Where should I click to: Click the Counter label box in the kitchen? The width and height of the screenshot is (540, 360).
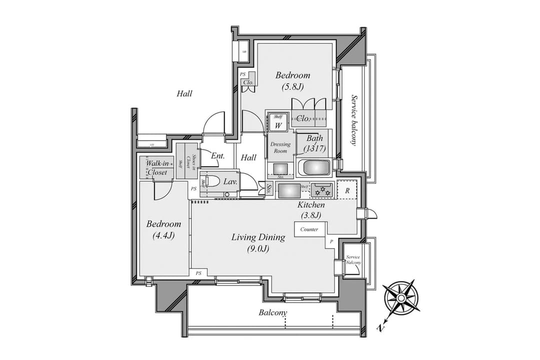(310, 229)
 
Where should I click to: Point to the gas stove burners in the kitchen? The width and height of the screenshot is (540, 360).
(321, 190)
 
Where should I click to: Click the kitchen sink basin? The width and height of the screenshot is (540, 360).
(288, 190)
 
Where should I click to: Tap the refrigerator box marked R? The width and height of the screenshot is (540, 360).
(347, 190)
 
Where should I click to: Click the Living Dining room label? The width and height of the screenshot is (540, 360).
(258, 242)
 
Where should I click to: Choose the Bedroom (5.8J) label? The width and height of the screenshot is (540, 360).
(292, 80)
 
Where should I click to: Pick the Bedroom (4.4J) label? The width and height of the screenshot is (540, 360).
(163, 229)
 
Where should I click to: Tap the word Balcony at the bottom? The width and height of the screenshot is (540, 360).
(273, 313)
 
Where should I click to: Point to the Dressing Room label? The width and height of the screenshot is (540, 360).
(280, 147)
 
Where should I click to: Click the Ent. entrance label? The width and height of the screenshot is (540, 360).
(217, 156)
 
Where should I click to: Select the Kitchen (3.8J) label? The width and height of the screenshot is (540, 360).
(311, 210)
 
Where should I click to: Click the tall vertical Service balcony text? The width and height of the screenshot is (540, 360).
(354, 119)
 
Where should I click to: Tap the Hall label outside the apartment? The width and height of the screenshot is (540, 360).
(184, 93)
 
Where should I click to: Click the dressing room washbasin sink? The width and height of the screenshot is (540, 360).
(279, 168)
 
